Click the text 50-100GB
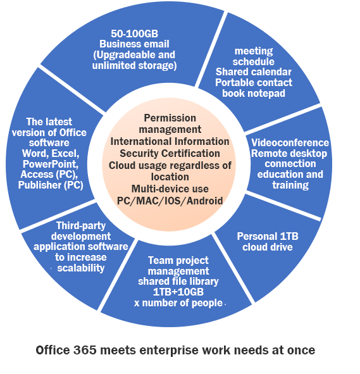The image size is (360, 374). [135, 34]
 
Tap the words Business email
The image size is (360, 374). [134, 44]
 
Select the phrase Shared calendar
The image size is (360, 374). [254, 72]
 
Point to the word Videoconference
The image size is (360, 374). [290, 142]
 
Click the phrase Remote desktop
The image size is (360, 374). [289, 153]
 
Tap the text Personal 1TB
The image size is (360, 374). [268, 237]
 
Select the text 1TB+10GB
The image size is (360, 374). [178, 292]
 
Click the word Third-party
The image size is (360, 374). [81, 226]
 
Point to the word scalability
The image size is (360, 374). [81, 268]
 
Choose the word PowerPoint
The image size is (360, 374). [51, 164]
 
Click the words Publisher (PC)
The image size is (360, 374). [51, 185]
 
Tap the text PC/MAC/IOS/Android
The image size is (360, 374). [170, 201]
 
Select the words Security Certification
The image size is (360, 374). [170, 153]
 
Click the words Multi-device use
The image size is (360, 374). [170, 189]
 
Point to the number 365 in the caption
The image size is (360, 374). [85, 350]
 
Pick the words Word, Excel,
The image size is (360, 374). [51, 154]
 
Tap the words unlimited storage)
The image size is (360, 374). [135, 66]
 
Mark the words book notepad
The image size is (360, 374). [254, 93]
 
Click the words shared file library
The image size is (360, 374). [178, 282]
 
